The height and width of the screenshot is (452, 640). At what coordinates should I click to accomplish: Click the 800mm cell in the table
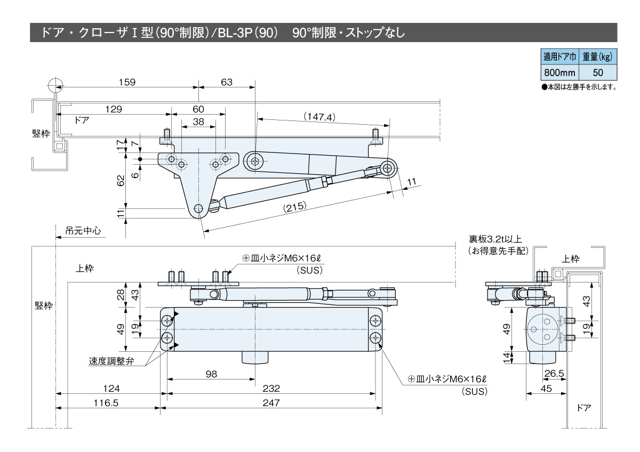click(x=559, y=71)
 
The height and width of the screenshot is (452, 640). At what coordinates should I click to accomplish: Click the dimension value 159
click(x=127, y=82)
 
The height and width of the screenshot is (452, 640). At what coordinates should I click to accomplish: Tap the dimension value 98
click(x=211, y=374)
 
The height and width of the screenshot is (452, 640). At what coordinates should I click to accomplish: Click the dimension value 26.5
click(x=554, y=374)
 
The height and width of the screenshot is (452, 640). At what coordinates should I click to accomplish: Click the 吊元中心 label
click(x=82, y=232)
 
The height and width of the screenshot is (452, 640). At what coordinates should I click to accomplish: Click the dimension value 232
click(x=272, y=388)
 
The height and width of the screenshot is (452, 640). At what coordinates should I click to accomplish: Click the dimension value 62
click(x=121, y=181)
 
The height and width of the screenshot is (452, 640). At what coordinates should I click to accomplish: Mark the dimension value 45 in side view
click(x=546, y=389)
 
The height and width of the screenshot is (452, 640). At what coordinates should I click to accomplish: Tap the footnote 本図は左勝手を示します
click(x=579, y=87)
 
